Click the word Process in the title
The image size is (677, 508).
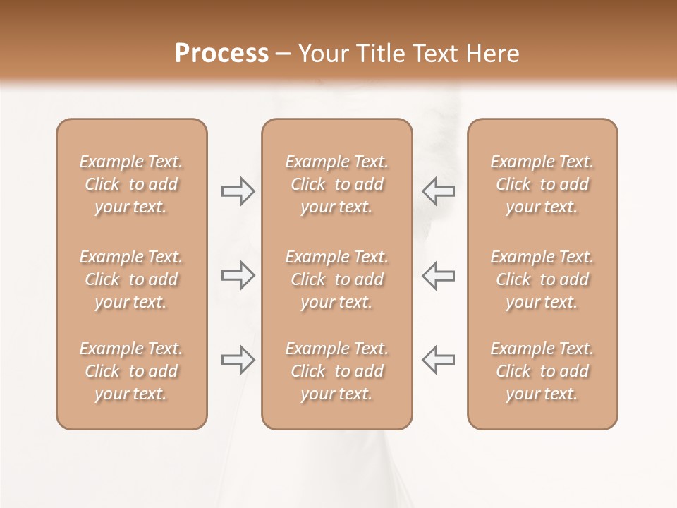[221, 54]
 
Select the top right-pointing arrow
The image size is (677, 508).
[238, 191]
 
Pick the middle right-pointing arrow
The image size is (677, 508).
[238, 275]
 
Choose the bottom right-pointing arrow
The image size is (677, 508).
[238, 360]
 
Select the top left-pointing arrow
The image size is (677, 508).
[438, 191]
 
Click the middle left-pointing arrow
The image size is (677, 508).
[438, 275]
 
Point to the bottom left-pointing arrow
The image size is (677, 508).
[438, 360]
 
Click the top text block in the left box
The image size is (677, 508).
[131, 184]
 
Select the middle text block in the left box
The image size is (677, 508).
[131, 279]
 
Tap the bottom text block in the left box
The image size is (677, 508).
[131, 371]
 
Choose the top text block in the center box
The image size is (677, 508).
[336, 184]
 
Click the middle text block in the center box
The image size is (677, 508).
[336, 279]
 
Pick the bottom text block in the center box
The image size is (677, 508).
[336, 371]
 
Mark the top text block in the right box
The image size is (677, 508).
[542, 184]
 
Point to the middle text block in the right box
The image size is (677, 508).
[542, 279]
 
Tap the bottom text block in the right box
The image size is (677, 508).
[542, 371]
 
